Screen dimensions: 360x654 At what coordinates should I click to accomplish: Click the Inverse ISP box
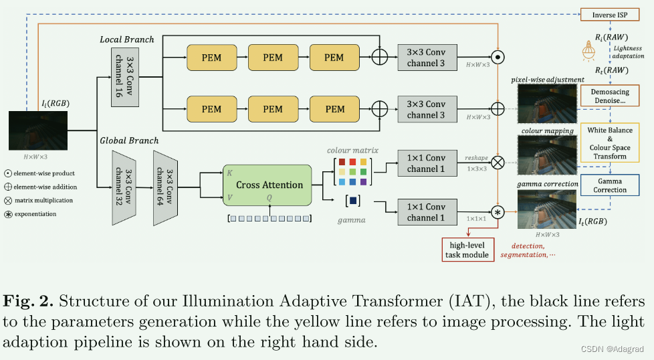coord(610,15)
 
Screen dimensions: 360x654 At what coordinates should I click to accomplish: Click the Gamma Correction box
coord(610,185)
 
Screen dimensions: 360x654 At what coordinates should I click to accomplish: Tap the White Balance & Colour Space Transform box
coord(610,143)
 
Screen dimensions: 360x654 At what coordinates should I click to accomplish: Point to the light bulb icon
coord(590,50)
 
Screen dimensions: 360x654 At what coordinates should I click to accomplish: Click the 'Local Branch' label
coord(127,39)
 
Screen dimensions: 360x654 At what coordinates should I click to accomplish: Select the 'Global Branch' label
coord(129,141)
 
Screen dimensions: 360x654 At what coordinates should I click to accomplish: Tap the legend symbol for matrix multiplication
coord(7,200)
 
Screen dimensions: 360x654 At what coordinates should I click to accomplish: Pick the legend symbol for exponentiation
coord(7,213)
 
